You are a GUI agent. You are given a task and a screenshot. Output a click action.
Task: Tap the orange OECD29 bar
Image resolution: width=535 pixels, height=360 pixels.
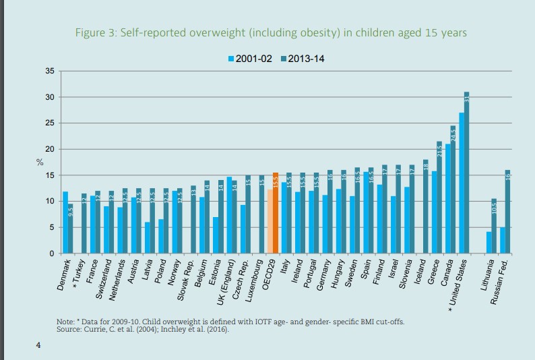(275, 213)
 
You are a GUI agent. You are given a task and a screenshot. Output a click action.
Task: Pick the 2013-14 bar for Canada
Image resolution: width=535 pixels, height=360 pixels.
(453, 189)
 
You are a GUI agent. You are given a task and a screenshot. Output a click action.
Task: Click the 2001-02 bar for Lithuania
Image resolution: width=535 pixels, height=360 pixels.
(489, 243)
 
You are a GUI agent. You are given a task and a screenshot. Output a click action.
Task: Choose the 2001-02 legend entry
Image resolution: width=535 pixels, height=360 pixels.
(249, 59)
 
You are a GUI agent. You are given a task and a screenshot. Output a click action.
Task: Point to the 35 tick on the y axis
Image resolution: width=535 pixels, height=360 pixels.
(51, 71)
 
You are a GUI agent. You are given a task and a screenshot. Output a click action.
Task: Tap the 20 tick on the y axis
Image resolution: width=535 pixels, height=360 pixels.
(51, 149)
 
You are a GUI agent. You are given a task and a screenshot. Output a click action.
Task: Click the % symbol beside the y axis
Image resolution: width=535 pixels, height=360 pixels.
(39, 162)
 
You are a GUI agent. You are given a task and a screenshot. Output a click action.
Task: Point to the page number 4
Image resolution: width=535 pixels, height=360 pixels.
(38, 346)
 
